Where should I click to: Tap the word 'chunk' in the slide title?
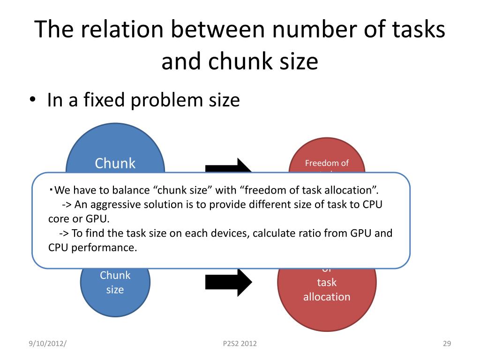[x=239, y=61]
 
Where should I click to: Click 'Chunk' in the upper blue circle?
[x=115, y=163]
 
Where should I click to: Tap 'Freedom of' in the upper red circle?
[x=327, y=163]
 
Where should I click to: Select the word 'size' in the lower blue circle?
[x=115, y=290]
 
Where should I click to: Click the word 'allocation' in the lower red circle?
[x=327, y=297]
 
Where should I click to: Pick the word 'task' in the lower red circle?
[x=327, y=282]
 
